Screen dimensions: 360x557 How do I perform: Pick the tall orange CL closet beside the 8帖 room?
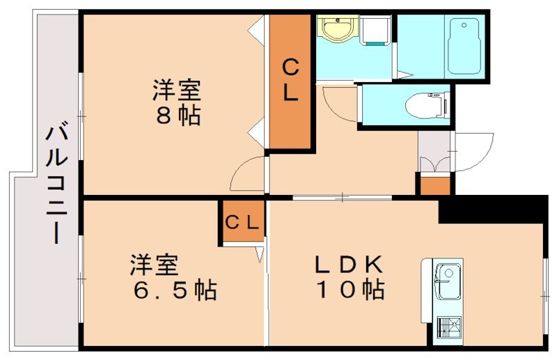pyautogui.click(x=290, y=81)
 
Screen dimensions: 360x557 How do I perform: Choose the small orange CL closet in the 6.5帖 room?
pyautogui.click(x=242, y=223)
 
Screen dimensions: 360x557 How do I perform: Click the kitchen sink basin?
pyautogui.click(x=446, y=275)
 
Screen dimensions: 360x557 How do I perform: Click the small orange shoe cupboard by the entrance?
pyautogui.click(x=434, y=185)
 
